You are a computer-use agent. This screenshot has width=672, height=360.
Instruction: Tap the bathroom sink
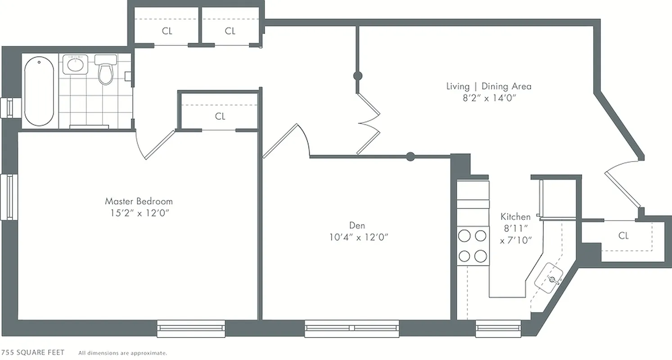click(75, 64)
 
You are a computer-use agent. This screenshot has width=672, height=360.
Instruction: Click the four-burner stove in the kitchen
click(473, 246)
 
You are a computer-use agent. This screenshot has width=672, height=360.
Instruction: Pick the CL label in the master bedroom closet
click(220, 117)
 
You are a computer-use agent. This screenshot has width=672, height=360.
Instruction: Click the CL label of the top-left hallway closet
click(167, 31)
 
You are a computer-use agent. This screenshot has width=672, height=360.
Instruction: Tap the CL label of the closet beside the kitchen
click(623, 236)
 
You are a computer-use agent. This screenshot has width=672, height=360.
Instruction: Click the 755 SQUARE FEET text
click(32, 352)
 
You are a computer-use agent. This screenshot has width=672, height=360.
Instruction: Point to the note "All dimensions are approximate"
click(122, 353)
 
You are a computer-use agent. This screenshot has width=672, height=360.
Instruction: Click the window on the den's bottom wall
click(352, 328)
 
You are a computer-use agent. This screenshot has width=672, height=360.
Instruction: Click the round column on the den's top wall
click(410, 157)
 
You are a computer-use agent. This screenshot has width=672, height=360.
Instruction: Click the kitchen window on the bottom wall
click(498, 328)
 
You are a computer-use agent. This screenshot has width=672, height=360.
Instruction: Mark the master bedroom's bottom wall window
click(191, 328)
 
